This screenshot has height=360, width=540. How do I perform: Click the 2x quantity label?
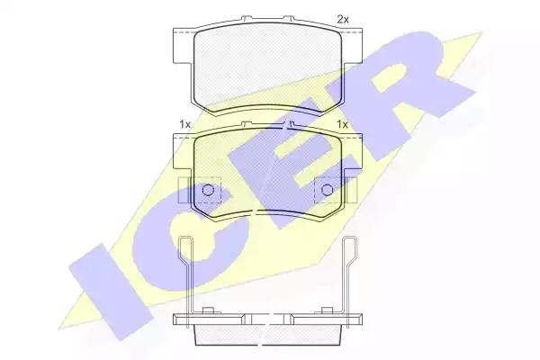click(342, 20)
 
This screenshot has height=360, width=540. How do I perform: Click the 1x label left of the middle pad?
click(184, 124)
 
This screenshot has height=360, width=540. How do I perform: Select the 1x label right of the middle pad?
click(342, 124)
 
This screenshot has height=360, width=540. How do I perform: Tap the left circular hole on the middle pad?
click(208, 190)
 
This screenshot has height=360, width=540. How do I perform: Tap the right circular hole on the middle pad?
click(328, 190)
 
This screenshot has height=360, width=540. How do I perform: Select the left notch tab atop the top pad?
click(247, 18)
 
